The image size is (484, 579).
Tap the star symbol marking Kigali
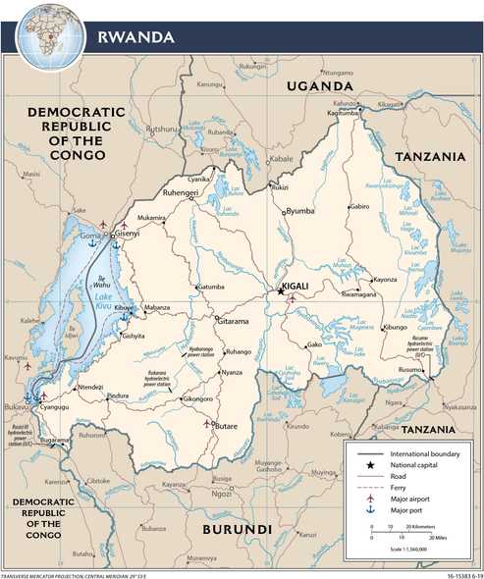click(280, 290)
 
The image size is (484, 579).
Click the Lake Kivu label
click(105, 291)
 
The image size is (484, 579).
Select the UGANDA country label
click(320, 87)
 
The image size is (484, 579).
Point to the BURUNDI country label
click(237, 530)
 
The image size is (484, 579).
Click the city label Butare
click(227, 428)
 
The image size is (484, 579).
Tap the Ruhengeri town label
click(182, 194)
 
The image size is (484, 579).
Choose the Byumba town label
click(300, 210)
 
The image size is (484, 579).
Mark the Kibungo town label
click(395, 327)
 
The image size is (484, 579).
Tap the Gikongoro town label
click(197, 400)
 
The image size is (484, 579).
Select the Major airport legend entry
click(411, 498)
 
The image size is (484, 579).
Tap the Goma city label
click(91, 237)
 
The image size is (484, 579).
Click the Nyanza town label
click(232, 373)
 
